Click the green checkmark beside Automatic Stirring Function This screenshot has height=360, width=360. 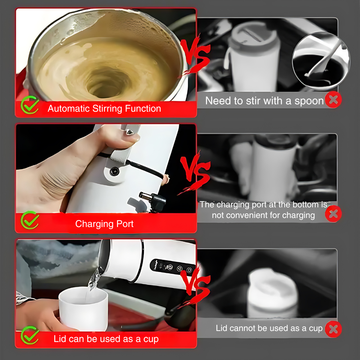[x=29, y=105]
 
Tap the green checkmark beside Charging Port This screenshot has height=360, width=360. [x=29, y=220]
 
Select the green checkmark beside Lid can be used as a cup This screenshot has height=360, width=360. [x=29, y=335]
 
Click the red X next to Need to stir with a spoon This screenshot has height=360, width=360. [x=333, y=100]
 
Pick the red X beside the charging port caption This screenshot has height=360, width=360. [x=333, y=214]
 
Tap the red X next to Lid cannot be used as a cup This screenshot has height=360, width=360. [x=333, y=329]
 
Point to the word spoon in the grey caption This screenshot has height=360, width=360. [x=309, y=101]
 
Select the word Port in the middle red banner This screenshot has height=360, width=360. [x=125, y=224]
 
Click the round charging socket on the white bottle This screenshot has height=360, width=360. [x=114, y=171]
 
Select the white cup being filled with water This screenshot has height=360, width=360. [x=83, y=309]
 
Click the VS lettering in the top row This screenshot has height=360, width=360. [x=195, y=55]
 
